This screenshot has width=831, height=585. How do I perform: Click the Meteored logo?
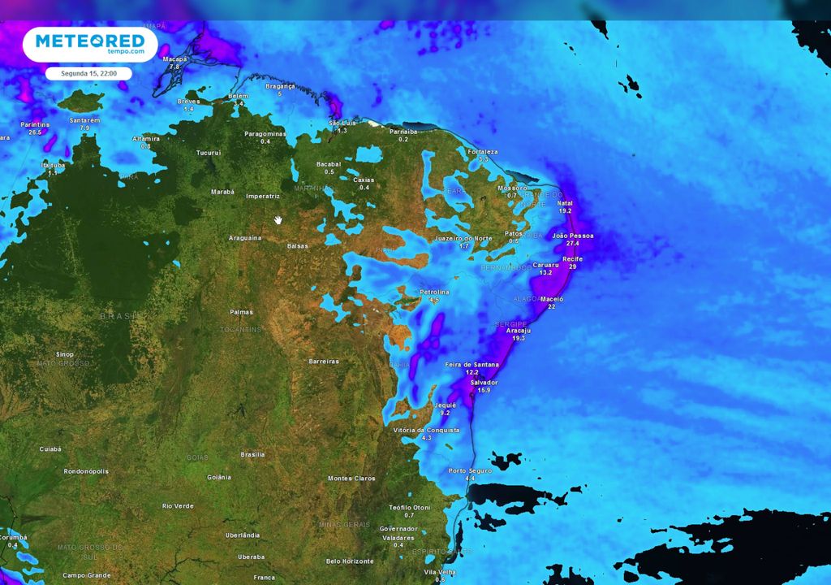point(90,44)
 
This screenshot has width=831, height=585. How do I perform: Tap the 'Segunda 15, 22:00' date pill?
point(88,73)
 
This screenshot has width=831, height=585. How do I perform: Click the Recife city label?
point(573,258)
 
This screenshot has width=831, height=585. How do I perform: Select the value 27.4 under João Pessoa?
point(573,243)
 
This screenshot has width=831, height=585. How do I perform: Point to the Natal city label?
point(565,203)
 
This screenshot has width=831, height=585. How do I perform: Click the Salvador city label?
point(484,382)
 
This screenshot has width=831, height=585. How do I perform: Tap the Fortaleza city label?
point(483,152)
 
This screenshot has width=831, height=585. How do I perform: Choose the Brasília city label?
point(253,454)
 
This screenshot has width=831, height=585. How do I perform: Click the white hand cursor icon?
point(278,219)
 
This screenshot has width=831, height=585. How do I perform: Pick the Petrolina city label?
point(434,292)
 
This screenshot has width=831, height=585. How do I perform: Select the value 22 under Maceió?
point(552,306)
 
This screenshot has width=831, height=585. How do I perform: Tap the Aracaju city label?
point(518,331)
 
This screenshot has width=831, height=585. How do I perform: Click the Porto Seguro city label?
point(469,471)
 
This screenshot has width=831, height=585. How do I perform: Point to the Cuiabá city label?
point(50,448)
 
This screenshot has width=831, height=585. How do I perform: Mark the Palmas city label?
point(241,312)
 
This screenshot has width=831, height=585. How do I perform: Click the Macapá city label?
point(174,59)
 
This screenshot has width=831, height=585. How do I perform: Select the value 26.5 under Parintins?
point(34,132)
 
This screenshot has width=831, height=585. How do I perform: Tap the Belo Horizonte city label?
point(350,561)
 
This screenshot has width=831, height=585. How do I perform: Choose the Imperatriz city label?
point(263,197)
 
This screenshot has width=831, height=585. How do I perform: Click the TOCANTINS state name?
point(240,330)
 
